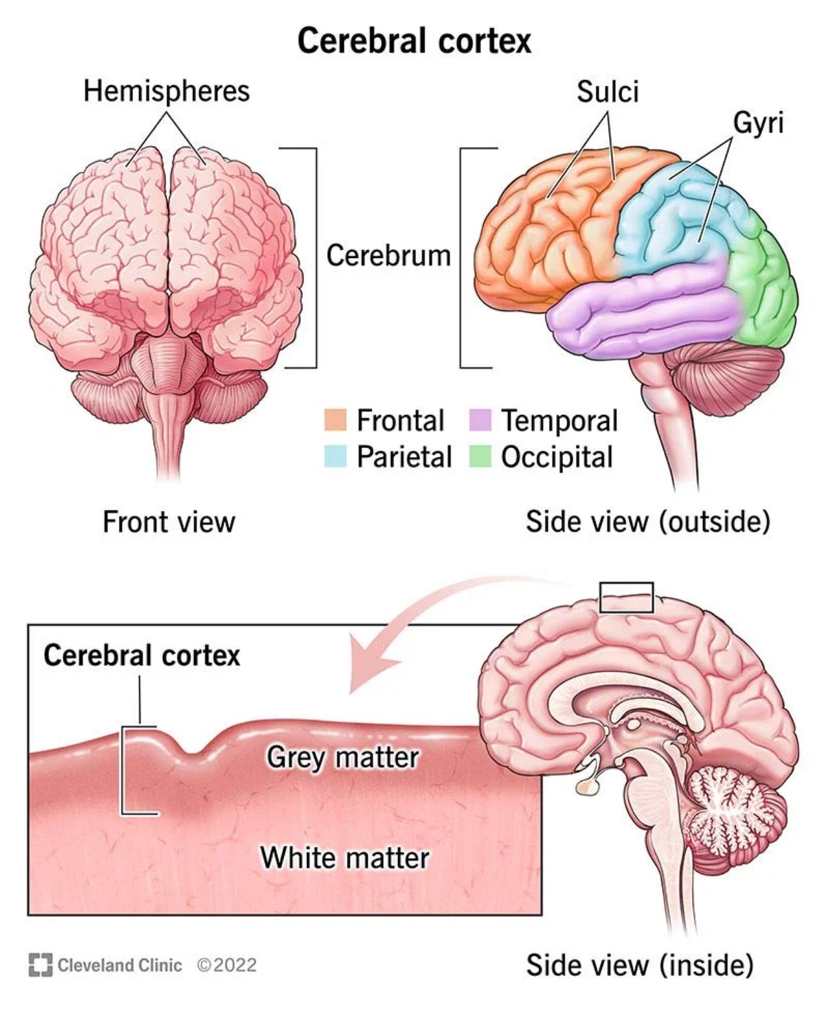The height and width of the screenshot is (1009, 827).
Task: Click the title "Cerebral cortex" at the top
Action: [x=414, y=41]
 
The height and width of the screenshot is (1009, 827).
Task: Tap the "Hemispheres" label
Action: [x=166, y=91]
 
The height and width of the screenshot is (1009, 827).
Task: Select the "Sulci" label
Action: [x=607, y=92]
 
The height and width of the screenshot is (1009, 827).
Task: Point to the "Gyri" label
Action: [x=758, y=122]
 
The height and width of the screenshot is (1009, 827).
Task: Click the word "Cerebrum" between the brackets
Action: [x=388, y=256]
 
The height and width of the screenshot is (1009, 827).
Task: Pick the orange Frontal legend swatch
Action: [x=335, y=420]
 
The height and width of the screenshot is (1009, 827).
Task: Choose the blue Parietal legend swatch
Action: [x=335, y=456]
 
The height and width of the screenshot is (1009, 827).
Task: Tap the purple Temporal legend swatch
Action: [x=480, y=420]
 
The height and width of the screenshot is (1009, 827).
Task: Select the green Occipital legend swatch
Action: [x=480, y=456]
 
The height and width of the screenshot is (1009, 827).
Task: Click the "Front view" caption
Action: [x=169, y=522]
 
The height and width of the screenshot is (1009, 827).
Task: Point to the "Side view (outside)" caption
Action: [x=647, y=521]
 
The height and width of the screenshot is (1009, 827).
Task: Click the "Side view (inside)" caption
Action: [x=639, y=965]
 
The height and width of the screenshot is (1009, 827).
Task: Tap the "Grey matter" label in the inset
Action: [x=343, y=757]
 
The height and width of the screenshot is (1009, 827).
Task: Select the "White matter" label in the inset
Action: [x=345, y=858]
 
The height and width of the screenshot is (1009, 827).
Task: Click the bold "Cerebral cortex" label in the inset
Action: [x=141, y=656]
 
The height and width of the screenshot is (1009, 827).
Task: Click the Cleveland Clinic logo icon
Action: [x=40, y=965]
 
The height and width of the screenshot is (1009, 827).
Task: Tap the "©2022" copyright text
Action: [x=226, y=965]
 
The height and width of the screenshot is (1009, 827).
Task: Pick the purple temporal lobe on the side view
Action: [x=645, y=307]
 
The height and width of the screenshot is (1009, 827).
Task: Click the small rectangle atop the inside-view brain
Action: [x=626, y=598]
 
